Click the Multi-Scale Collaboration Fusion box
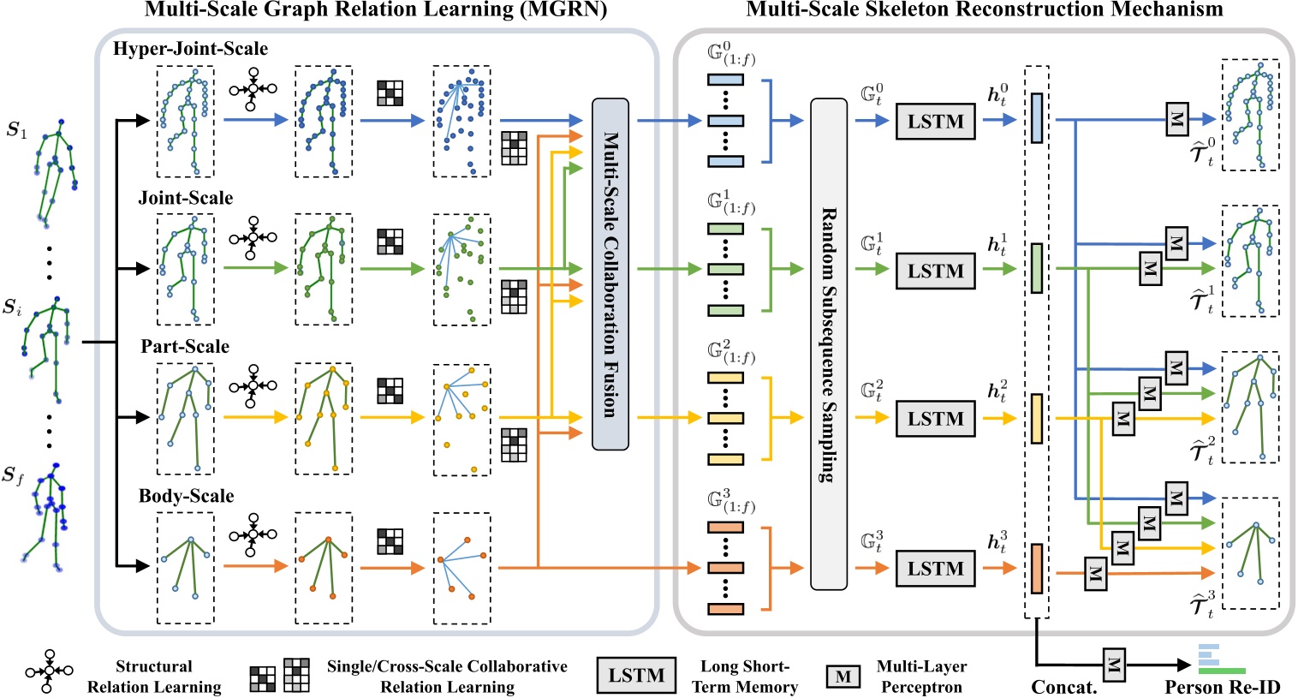pyautogui.click(x=610, y=274)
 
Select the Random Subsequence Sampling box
pyautogui.click(x=828, y=344)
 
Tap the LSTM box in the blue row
pyautogui.click(x=935, y=122)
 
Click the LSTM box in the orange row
pyautogui.click(x=935, y=569)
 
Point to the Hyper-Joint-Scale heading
pyautogui.click(x=190, y=49)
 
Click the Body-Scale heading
pyautogui.click(x=186, y=496)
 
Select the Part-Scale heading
pyautogui.click(x=185, y=347)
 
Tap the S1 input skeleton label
pyautogui.click(x=17, y=130)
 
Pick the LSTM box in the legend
pyautogui.click(x=636, y=675)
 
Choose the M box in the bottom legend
pyautogui.click(x=843, y=677)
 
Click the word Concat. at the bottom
pyautogui.click(x=1064, y=687)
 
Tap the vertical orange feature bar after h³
pyautogui.click(x=1037, y=569)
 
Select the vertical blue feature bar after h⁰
pyautogui.click(x=1037, y=118)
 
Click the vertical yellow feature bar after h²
pyautogui.click(x=1037, y=419)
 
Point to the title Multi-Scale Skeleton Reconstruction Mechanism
pyautogui.click(x=985, y=10)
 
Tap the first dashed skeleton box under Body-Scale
pyautogui.click(x=185, y=569)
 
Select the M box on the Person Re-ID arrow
pyautogui.click(x=1113, y=664)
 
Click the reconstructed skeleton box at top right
pyautogui.click(x=1250, y=115)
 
